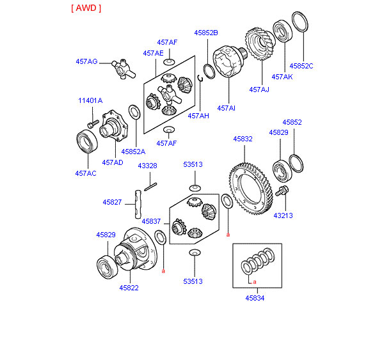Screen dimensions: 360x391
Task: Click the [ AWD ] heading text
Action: coord(86,8)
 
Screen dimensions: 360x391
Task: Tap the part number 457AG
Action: coord(86,61)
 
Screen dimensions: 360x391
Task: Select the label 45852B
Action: coord(206,32)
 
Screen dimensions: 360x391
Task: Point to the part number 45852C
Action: coord(301,65)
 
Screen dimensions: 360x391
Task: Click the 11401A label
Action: coord(90,100)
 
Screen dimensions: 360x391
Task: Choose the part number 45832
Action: coord(243,138)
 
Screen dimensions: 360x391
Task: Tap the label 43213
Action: coord(282,215)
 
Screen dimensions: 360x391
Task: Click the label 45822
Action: coord(129,288)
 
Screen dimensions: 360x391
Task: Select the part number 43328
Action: coord(147,166)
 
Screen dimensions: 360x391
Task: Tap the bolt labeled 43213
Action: coord(283,192)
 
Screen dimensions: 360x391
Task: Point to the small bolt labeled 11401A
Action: coord(93,121)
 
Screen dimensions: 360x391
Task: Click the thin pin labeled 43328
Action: coord(150,187)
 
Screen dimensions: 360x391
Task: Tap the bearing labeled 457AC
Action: coord(86,141)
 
